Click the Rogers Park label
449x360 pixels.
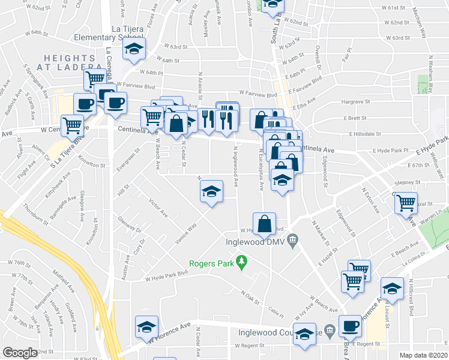[x=210, y=263]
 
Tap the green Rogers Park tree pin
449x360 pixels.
[x=242, y=262]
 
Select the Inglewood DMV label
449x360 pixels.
[x=255, y=242]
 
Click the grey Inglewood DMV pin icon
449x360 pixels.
[x=292, y=241]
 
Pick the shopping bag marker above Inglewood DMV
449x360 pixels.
[x=264, y=224]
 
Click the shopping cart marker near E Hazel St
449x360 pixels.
[x=406, y=203]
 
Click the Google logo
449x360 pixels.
[x=20, y=353]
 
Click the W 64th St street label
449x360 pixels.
[x=169, y=61]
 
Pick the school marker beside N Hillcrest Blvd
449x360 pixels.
[x=393, y=290]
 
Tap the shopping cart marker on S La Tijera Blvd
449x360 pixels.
[x=73, y=127]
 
